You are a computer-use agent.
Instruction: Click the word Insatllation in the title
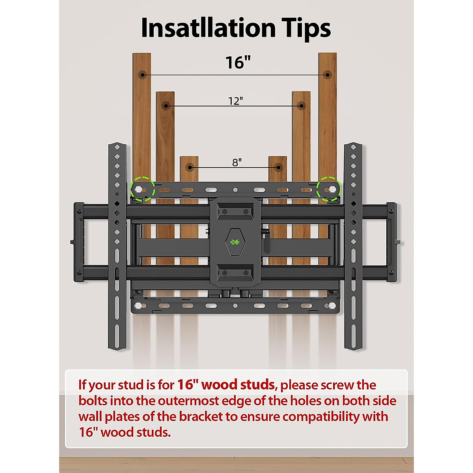208,28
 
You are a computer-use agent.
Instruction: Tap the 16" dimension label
238,63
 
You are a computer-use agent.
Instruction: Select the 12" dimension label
235,101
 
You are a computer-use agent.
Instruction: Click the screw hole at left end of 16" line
142,74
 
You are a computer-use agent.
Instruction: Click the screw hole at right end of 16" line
327,74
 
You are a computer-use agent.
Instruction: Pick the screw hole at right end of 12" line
302,106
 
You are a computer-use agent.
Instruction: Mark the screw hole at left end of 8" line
190,168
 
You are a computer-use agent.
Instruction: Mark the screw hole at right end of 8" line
278,168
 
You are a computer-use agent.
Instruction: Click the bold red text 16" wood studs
226,384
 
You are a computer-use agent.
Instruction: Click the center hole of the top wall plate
235,190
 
